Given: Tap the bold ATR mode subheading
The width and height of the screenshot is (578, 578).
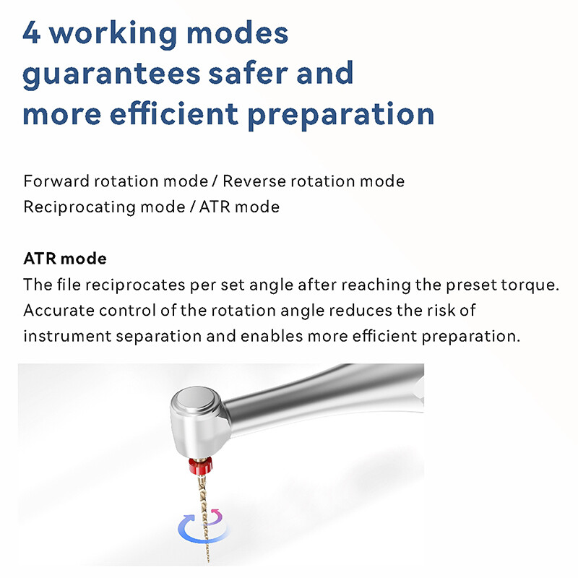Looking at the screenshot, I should pyautogui.click(x=65, y=259).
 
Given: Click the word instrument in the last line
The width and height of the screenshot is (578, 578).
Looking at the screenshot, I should pyautogui.click(x=59, y=337).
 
